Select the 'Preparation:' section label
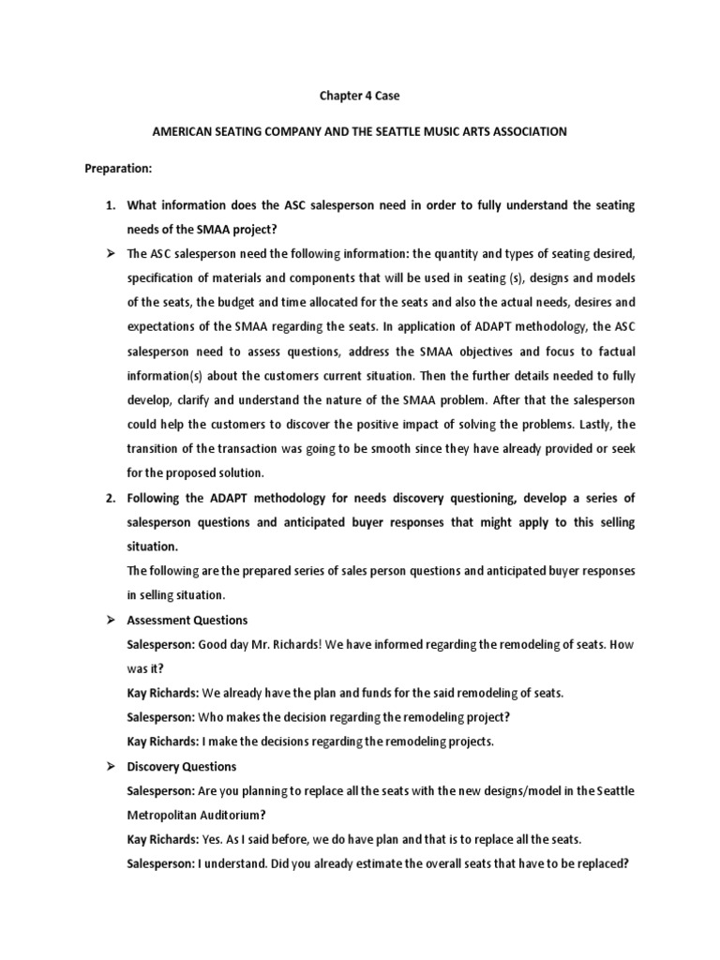pyautogui.click(x=118, y=171)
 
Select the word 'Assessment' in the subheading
pyautogui.click(x=159, y=620)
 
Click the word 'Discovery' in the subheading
pyautogui.click(x=154, y=766)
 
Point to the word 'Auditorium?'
pyautogui.click(x=232, y=815)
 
